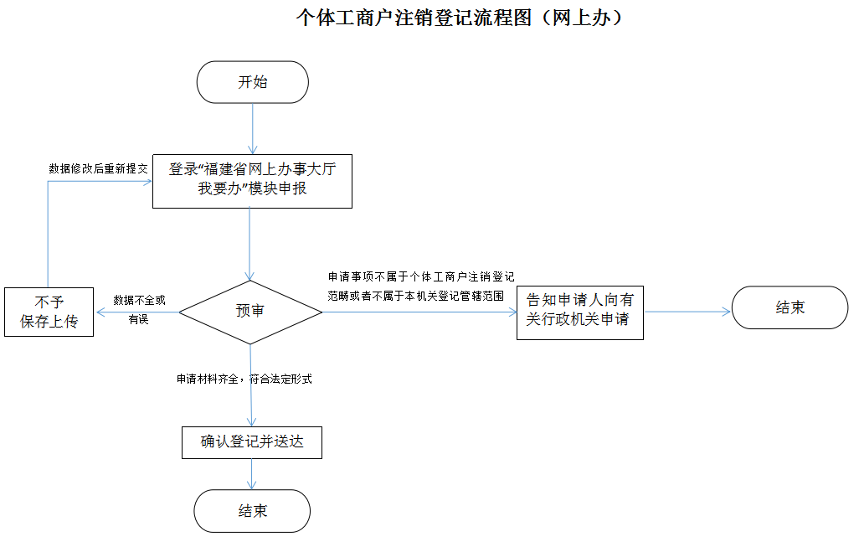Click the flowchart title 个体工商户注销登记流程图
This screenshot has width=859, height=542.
click(460, 18)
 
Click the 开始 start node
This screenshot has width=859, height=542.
click(252, 82)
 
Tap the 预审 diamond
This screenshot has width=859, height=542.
click(251, 312)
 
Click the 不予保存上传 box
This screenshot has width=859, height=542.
click(49, 312)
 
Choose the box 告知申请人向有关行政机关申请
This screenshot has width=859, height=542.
click(579, 310)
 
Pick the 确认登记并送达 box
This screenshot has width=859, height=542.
click(252, 442)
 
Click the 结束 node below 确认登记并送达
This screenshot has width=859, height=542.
click(252, 511)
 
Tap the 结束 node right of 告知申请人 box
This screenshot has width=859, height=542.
click(790, 307)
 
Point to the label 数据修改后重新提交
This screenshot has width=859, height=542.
click(98, 168)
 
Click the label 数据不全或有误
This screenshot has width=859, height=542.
click(139, 309)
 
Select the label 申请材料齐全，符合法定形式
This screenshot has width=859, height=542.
click(244, 379)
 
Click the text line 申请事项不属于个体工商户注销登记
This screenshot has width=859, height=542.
click(420, 276)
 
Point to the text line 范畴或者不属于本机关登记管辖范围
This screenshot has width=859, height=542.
click(415, 296)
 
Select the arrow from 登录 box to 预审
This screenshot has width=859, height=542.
click(249, 244)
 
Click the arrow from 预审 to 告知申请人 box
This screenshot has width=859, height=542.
click(419, 312)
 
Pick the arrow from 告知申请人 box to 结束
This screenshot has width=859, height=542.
click(687, 312)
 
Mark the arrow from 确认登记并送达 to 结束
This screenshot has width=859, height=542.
click(252, 474)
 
